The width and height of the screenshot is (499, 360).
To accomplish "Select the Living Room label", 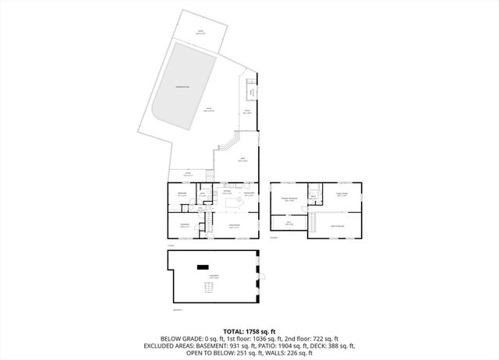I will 233,227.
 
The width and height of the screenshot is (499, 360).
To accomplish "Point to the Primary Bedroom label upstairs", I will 290,199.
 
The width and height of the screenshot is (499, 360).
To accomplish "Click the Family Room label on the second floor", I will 342,196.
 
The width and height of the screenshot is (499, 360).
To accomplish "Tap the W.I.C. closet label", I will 288,223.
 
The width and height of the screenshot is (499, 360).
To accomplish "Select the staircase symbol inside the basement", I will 207,289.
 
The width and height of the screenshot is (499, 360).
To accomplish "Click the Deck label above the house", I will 243,160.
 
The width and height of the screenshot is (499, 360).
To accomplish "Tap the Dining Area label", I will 250,193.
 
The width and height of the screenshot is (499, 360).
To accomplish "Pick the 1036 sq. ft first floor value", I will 270,338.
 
